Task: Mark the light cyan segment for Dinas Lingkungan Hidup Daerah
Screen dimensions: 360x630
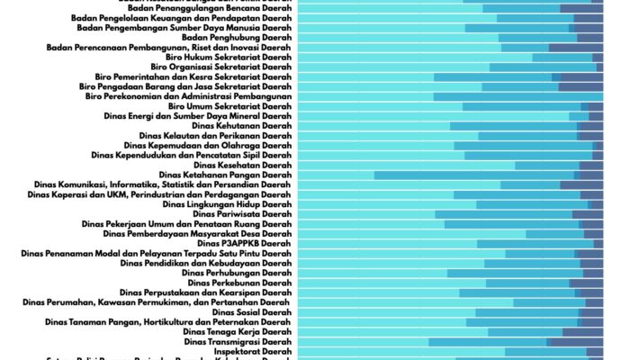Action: click(x=386, y=204)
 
